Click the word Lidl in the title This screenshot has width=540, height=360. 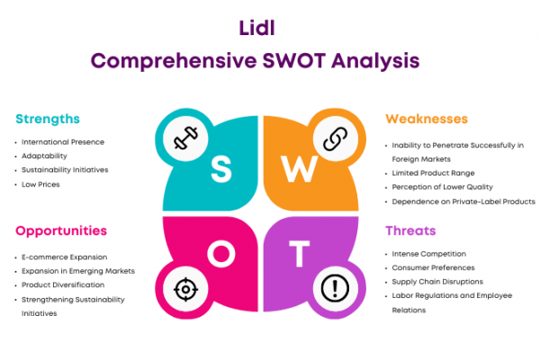click(256, 28)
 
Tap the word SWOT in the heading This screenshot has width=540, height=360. click(293, 60)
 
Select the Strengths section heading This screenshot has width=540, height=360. click(48, 119)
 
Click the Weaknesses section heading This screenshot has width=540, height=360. click(427, 119)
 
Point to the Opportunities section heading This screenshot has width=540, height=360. click(61, 230)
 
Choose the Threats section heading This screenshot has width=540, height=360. click(410, 230)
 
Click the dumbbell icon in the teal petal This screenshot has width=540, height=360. click(185, 138)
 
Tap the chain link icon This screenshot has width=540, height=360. click(335, 139)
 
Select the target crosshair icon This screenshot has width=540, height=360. click(185, 290)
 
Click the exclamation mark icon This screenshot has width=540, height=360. click(335, 288)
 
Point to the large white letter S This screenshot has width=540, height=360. click(221, 169)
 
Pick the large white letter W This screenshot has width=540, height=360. click(300, 169)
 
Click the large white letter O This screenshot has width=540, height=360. click(221, 254)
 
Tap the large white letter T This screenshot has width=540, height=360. click(300, 254)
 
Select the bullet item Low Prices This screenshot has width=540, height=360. click(40, 184)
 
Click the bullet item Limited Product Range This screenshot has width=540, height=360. click(433, 174)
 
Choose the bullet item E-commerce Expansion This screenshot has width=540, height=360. click(65, 257)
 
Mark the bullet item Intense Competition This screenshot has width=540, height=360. click(428, 254)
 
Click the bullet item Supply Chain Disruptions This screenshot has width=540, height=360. click(437, 282)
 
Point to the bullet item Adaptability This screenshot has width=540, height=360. click(44, 156)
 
